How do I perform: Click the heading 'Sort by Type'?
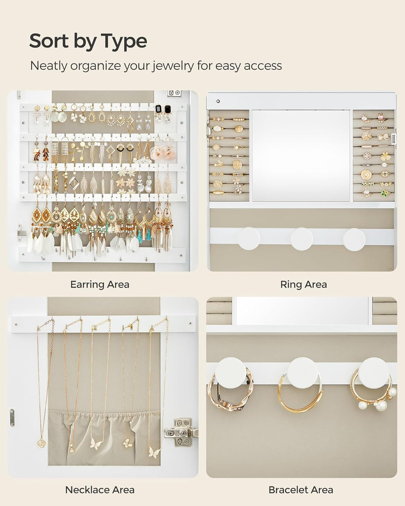(88, 41)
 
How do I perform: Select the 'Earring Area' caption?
(100, 284)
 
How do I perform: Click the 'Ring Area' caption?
(303, 284)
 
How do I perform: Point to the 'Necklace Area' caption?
(100, 490)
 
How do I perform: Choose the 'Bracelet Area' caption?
(301, 490)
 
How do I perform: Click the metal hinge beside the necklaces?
(180, 432)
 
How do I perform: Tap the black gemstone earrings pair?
(163, 110)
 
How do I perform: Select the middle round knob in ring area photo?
(301, 239)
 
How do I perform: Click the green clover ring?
(384, 193)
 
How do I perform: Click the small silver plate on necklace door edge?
(12, 418)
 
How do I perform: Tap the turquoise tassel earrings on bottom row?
(139, 235)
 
